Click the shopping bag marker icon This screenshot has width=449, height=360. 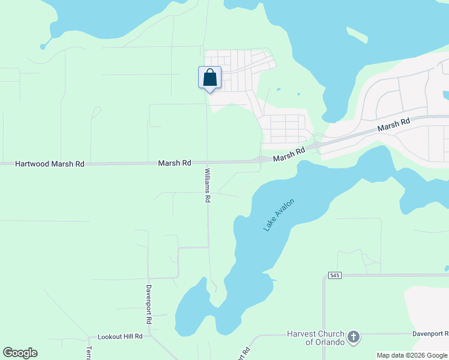coord(209,78)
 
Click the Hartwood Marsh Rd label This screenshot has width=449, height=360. coord(50,163)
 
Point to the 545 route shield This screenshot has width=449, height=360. coord(335,275)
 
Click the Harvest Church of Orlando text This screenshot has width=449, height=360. coord(316,338)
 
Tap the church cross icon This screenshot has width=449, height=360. coord(353,337)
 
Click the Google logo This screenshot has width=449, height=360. coord(20,353)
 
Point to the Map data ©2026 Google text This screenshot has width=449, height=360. coord(412,355)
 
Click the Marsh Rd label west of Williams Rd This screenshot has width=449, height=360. coord(175,163)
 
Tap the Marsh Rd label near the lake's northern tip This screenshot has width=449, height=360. coord(289,154)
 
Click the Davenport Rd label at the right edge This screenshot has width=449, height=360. coord(430,334)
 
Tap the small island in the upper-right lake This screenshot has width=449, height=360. coord(357,35)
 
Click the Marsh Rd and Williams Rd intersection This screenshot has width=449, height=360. coord(208,163)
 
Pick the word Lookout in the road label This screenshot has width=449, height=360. coord(110,337)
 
